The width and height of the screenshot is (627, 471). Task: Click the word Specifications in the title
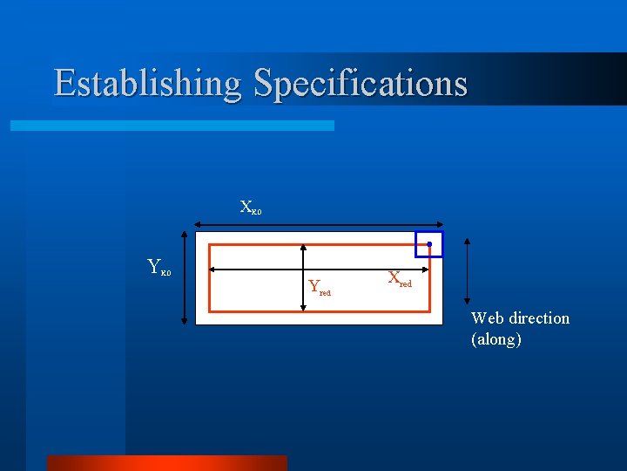click(x=361, y=84)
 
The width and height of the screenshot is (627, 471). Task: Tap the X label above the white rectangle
click(x=250, y=208)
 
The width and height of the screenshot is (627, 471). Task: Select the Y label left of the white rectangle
click(x=158, y=267)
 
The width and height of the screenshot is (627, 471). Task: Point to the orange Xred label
click(x=399, y=279)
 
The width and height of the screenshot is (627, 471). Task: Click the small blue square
click(x=428, y=244)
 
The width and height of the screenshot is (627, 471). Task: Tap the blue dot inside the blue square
click(x=428, y=244)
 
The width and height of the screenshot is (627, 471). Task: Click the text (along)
click(x=496, y=339)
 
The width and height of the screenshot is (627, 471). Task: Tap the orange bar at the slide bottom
click(x=165, y=462)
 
